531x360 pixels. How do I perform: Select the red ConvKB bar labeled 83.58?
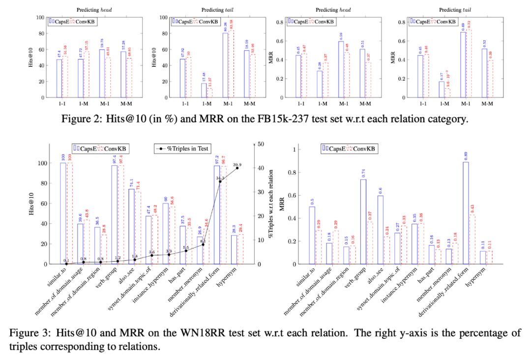231,64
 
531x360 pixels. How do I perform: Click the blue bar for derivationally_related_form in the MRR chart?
465,213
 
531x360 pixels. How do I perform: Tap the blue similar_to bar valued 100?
63,213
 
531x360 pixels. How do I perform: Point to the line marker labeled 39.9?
237,168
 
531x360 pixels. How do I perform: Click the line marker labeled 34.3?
220,181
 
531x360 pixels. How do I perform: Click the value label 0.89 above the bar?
465,156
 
